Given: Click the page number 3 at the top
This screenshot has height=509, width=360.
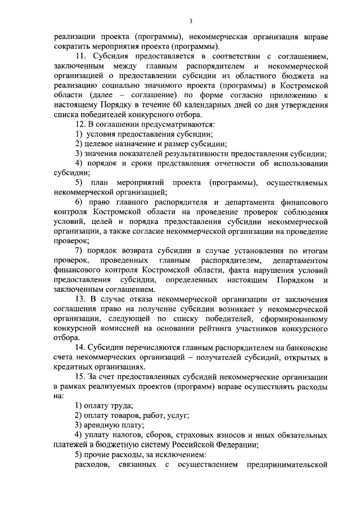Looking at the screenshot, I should click(x=191, y=21).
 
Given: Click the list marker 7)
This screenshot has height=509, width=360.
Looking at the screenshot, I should click(x=79, y=251).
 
